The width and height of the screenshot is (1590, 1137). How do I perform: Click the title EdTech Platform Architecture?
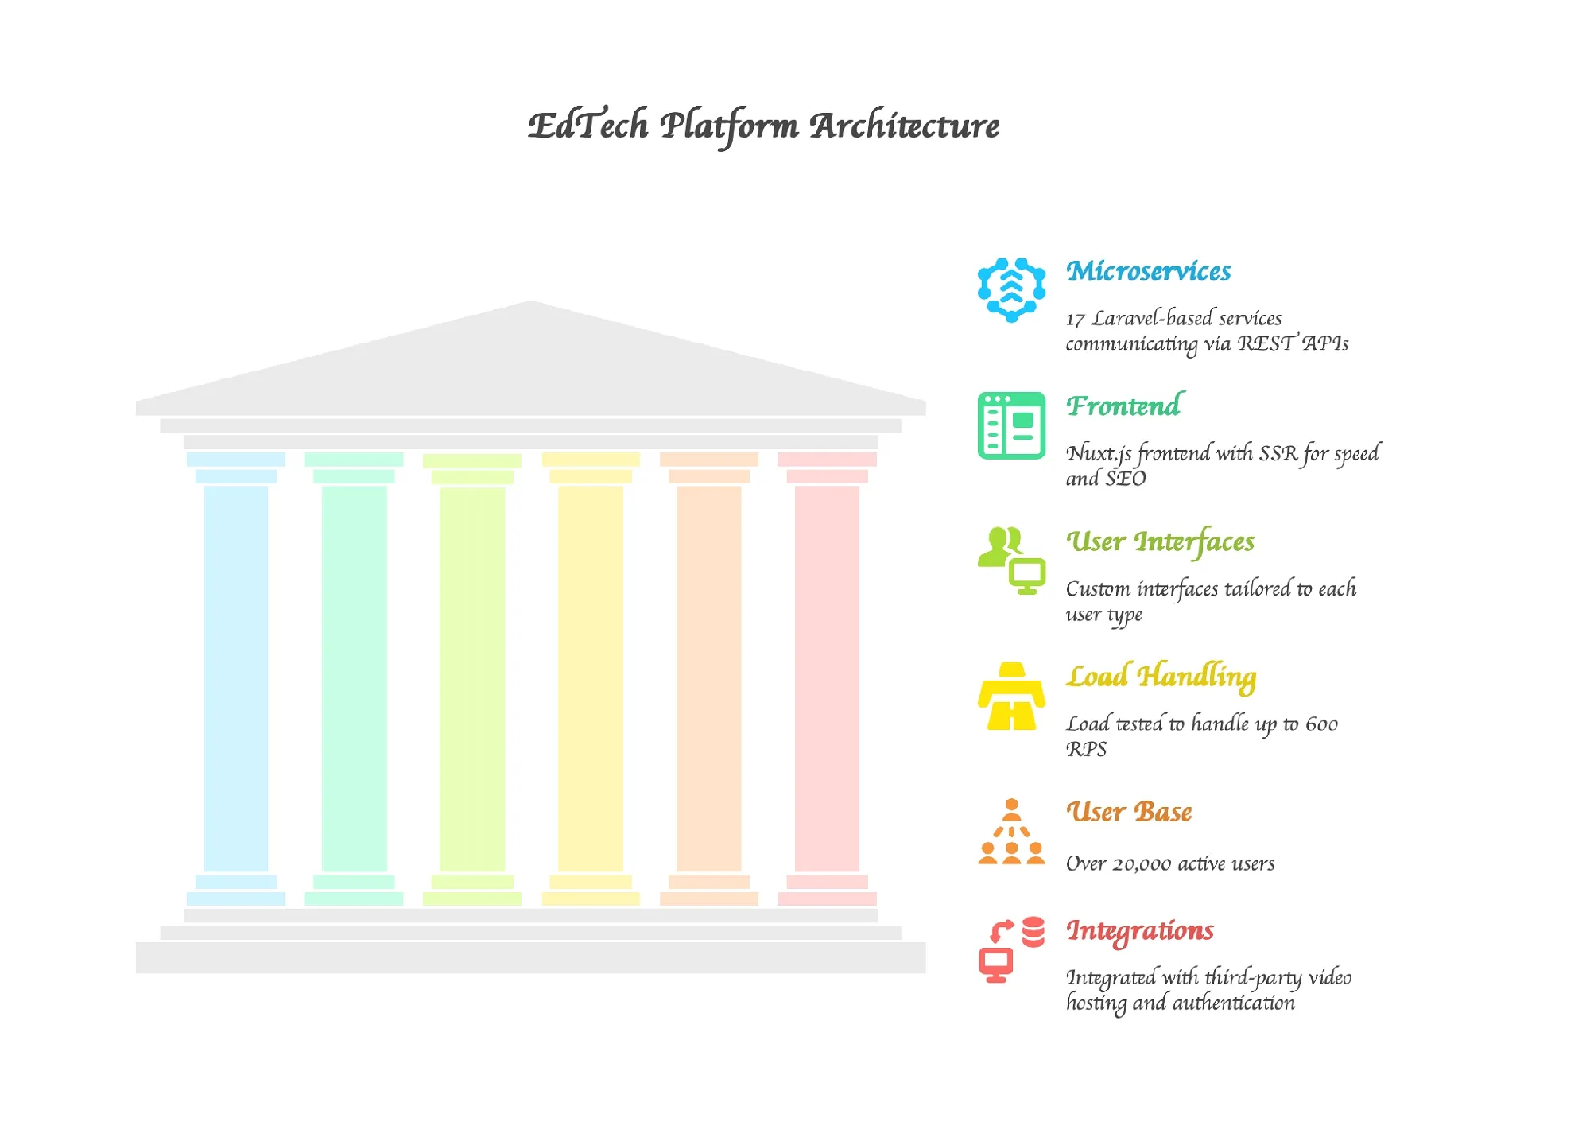[763, 126]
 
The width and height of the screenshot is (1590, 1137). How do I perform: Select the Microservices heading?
[1148, 271]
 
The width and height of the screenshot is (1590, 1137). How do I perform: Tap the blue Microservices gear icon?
[1011, 289]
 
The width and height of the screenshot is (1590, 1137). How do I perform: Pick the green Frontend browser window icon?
[1011, 425]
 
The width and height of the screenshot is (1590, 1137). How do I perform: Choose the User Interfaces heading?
[1160, 541]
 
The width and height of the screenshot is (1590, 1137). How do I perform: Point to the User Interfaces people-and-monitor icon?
[1011, 561]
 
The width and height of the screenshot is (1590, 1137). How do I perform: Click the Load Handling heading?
[1161, 676]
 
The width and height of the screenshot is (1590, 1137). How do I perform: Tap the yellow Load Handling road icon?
[1011, 696]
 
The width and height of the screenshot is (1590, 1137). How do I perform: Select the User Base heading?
[1129, 812]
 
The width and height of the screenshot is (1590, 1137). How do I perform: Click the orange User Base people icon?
[1011, 832]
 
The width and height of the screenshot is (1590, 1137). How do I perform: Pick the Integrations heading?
[1139, 930]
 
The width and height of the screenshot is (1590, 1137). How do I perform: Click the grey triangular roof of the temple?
[531, 366]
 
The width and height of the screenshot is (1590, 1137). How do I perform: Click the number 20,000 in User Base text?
[1142, 864]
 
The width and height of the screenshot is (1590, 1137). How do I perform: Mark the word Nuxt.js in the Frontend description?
[1099, 454]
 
